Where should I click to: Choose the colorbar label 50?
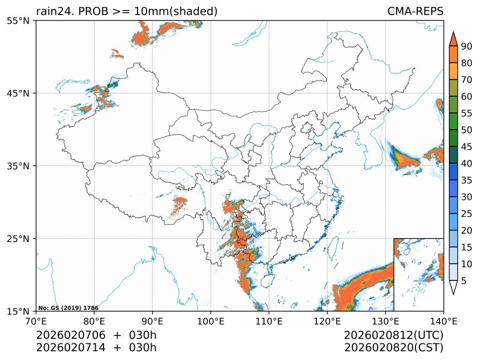coord(466,130)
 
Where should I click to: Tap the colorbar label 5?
coord(463,281)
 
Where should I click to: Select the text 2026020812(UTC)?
coord(393,336)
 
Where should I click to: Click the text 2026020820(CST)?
coord(393,348)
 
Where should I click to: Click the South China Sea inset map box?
coord(418,274)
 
